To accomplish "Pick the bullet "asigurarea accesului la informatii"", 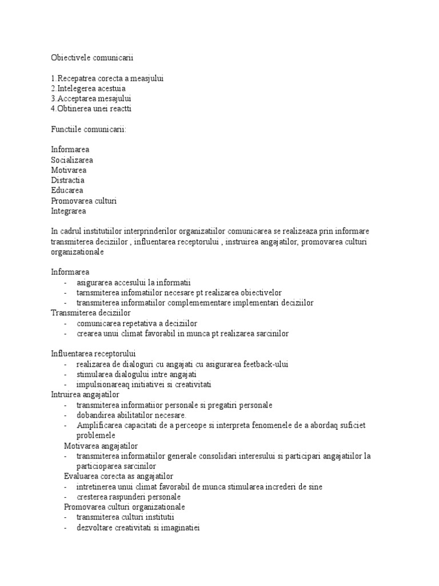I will [133, 282].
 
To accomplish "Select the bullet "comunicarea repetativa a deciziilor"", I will [137, 323].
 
